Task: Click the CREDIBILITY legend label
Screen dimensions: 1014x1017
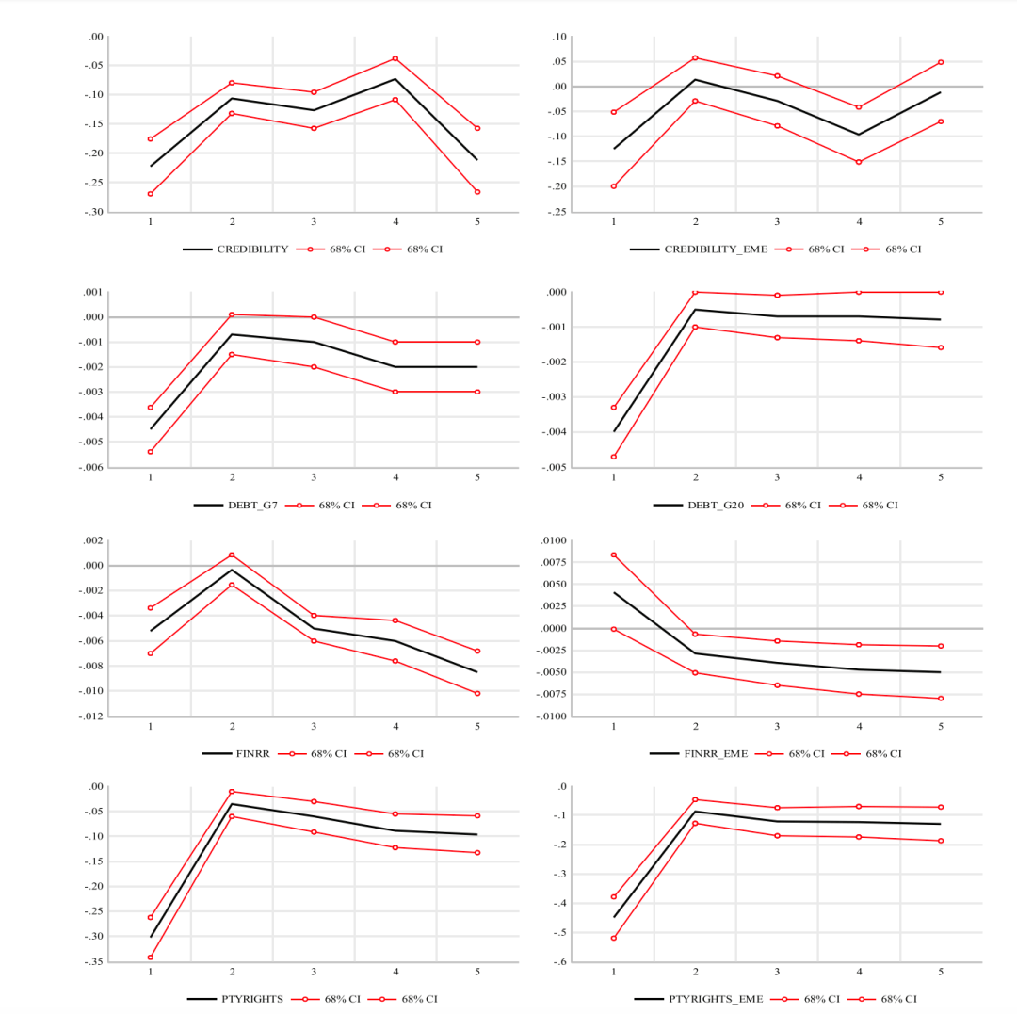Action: [x=252, y=249]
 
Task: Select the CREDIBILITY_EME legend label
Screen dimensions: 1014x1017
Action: [x=716, y=249]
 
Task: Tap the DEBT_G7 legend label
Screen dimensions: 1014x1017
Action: [x=252, y=506]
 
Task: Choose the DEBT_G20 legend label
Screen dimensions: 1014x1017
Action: [x=716, y=506]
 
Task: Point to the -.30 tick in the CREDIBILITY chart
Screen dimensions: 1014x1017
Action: [x=93, y=212]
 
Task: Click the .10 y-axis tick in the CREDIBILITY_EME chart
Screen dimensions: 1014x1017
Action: [x=558, y=37]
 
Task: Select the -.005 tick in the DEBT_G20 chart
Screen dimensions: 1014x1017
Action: [x=555, y=467]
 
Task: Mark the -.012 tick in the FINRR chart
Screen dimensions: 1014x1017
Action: [x=91, y=716]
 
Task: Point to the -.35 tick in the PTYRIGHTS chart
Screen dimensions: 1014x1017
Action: [x=93, y=962]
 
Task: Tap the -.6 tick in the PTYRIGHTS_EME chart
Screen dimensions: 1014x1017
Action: [x=561, y=962]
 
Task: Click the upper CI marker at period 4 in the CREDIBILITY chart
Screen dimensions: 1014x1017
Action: [x=395, y=58]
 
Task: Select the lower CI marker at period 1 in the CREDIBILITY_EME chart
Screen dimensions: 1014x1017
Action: [x=614, y=186]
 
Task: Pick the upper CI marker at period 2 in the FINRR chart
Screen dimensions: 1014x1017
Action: [x=232, y=555]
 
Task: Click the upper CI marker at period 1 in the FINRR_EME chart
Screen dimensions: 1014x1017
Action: [x=614, y=555]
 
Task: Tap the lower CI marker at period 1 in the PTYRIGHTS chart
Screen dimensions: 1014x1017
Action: [x=150, y=958]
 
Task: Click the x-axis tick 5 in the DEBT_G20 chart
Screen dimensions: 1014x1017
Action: [x=941, y=477]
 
